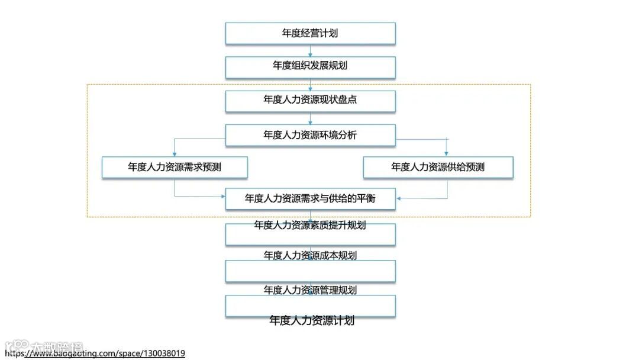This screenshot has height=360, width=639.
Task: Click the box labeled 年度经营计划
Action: click(310, 33)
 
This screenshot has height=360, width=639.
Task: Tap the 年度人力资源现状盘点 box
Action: click(310, 100)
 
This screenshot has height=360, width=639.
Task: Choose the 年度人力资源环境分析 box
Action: click(310, 135)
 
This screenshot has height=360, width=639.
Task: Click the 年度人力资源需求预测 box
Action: click(175, 167)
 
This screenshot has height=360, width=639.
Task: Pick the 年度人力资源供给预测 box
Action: click(438, 167)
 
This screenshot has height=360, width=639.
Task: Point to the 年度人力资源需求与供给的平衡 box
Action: click(310, 198)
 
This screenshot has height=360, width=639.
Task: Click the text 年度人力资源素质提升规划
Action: click(310, 225)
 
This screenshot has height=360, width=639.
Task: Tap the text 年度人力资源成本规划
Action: click(310, 255)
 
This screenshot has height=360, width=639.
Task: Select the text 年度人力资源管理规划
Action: click(310, 290)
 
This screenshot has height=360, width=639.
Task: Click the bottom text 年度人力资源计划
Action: click(312, 320)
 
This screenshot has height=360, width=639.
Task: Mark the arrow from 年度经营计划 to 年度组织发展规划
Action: click(310, 52)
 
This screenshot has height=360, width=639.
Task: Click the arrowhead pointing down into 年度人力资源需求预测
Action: click(175, 153)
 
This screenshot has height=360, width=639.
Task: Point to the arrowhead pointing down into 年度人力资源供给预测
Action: click(447, 153)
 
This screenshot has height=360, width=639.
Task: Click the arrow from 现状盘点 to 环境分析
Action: click(310, 120)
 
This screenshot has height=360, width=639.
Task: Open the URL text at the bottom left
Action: click(95, 353)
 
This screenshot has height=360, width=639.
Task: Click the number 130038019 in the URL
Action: click(163, 353)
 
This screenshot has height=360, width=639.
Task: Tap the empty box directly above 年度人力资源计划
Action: click(310, 306)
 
